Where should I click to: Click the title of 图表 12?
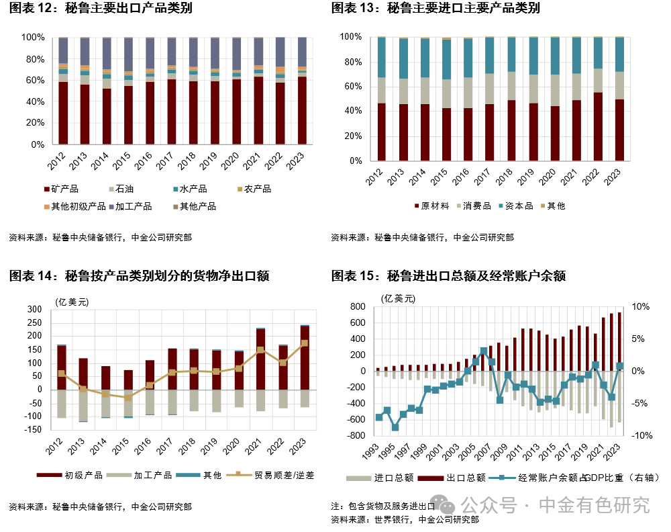pos(95,8)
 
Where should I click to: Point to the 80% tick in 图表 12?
pos(35,59)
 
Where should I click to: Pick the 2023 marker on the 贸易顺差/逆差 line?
pos(304,343)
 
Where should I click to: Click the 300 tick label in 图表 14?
pos(34,310)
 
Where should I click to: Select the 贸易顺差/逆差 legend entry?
pos(278,475)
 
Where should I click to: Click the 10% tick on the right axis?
pos(641,307)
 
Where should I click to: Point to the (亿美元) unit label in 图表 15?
pos(397,298)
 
